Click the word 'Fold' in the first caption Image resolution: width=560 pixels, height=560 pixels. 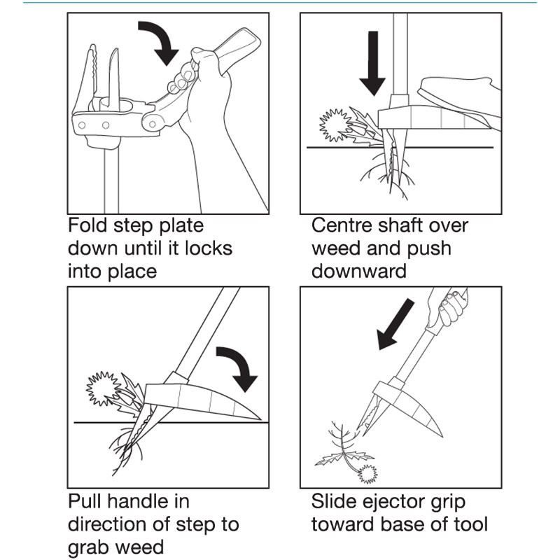click(x=88, y=226)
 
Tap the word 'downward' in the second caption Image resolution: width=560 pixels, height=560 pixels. click(x=359, y=271)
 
